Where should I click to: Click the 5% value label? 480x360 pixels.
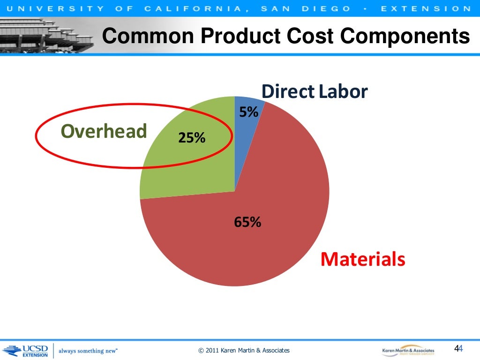[x=248, y=112]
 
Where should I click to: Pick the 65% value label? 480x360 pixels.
[x=247, y=222]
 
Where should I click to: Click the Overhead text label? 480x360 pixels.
[x=104, y=132]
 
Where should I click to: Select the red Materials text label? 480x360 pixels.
[x=362, y=259]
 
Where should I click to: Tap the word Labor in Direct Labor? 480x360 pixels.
[x=343, y=92]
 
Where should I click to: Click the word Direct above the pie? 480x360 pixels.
[x=288, y=92]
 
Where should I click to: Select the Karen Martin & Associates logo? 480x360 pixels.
[x=408, y=350]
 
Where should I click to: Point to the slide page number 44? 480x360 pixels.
[x=458, y=348]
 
